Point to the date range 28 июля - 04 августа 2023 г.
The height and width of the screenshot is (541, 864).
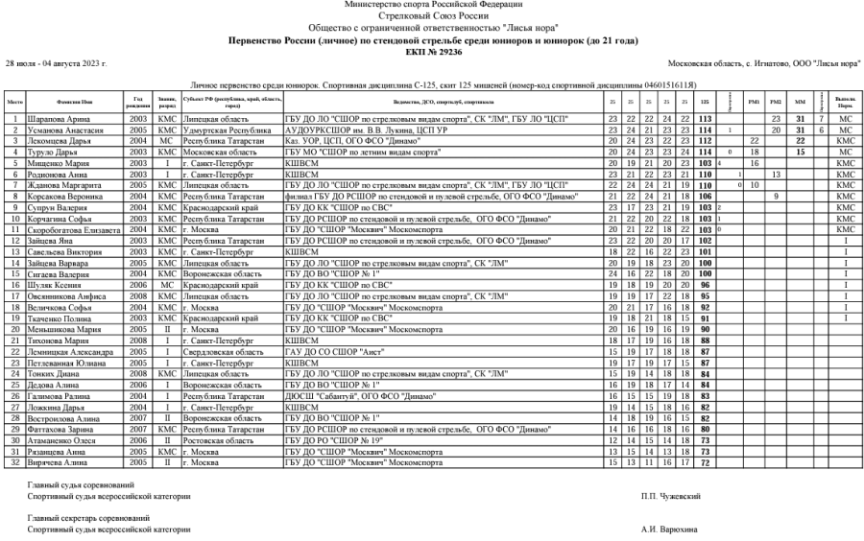(x=56, y=62)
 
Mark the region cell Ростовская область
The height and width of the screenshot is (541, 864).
(x=215, y=440)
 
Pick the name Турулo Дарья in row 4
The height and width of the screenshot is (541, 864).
(x=60, y=152)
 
